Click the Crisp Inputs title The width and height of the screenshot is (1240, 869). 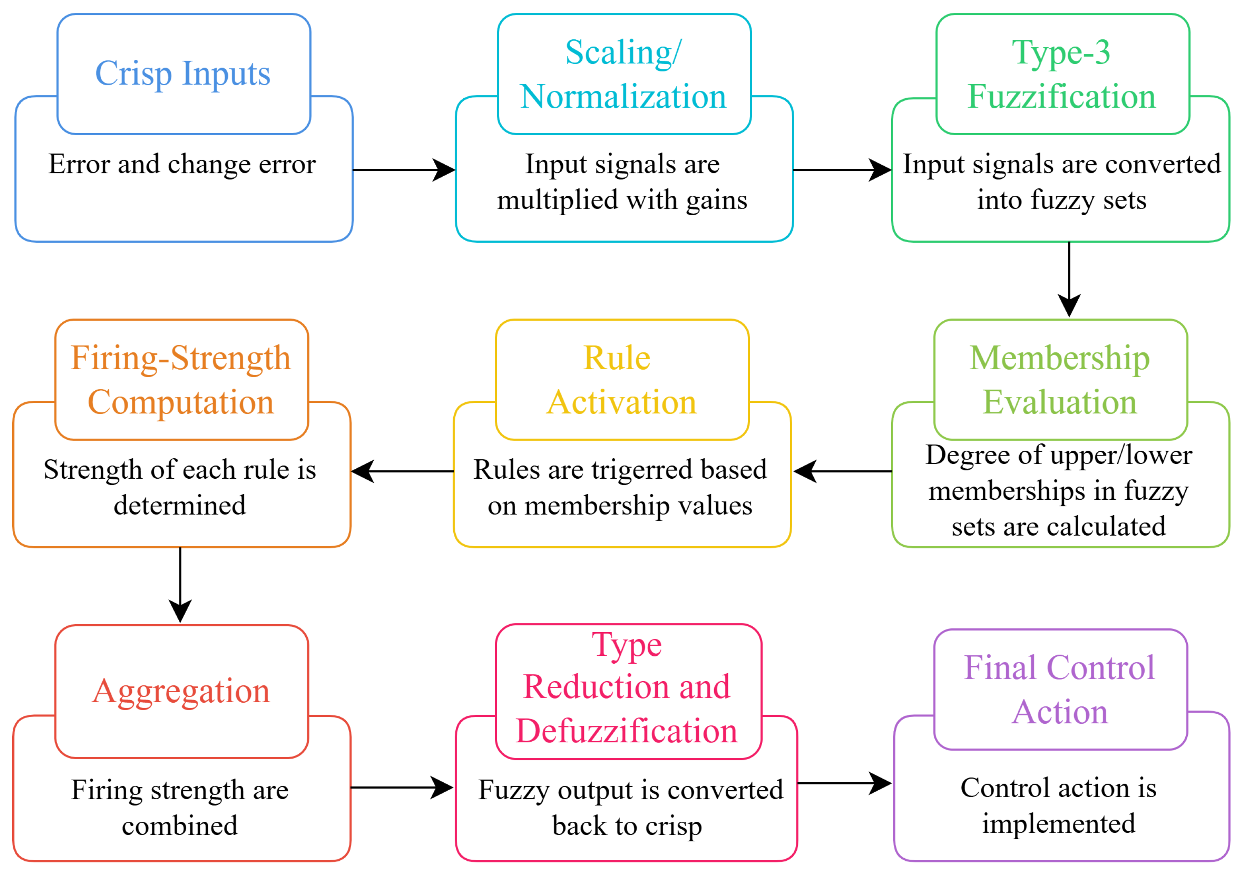182,73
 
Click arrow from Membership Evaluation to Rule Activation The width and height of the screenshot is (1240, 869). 843,472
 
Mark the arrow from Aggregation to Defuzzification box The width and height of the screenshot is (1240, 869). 402,787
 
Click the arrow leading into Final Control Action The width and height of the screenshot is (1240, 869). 844,783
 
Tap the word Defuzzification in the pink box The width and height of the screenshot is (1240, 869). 627,731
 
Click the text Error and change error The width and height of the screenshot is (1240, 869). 182,164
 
